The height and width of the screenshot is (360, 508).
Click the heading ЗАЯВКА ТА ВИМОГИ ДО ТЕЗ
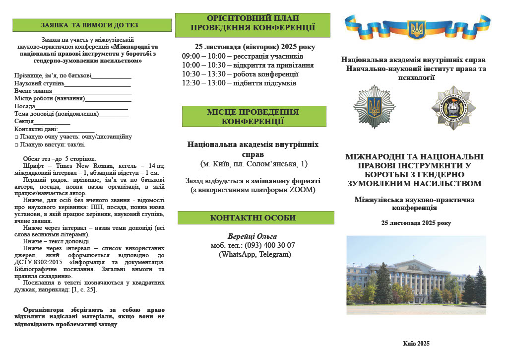coord(89,25)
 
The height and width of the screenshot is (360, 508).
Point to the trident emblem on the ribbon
coord(417,29)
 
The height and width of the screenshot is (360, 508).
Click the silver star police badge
coord(374,106)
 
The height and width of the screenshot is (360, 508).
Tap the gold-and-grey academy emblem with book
coord(453,107)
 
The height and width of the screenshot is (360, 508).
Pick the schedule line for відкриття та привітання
coord(248,65)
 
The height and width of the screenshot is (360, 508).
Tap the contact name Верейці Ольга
coord(252,236)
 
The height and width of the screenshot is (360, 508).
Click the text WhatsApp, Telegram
coord(255,254)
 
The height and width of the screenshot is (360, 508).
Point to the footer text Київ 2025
coord(416,344)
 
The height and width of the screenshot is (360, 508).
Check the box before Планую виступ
coord(16,145)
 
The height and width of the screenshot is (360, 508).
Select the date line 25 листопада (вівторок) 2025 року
coord(254,47)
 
